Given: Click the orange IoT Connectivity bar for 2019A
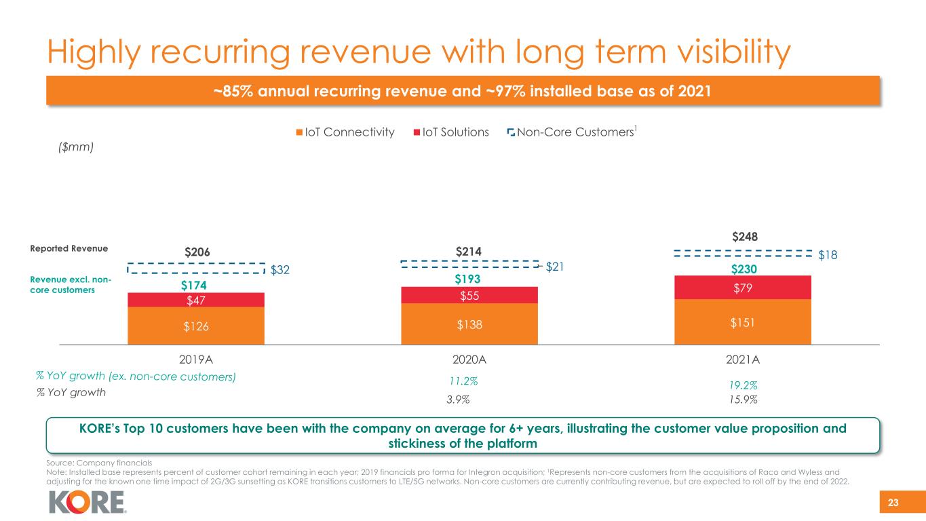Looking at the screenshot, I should [x=196, y=326].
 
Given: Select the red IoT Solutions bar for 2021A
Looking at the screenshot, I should [x=743, y=287].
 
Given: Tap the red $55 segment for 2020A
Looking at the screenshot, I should [x=469, y=295].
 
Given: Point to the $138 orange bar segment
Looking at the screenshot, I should [x=469, y=324].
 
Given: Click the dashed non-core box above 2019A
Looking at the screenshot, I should [x=196, y=268].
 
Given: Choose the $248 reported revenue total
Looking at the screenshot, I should [x=743, y=237].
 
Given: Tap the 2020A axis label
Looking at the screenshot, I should [x=469, y=360].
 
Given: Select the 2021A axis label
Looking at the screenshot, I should [x=743, y=360].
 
